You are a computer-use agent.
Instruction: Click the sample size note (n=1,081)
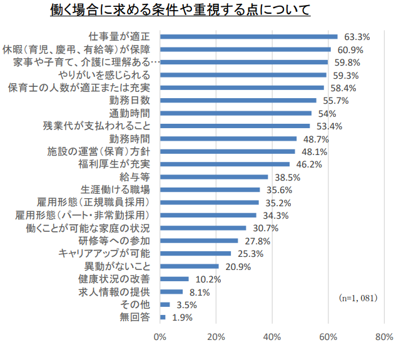point(358,297)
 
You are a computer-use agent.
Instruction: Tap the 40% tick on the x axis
point(272,337)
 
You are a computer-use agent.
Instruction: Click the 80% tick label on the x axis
point(384,337)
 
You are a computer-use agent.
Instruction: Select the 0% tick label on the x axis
point(160,337)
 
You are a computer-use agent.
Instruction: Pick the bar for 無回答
point(163,317)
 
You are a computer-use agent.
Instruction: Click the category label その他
point(135,304)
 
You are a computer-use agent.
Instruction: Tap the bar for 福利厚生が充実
point(225,164)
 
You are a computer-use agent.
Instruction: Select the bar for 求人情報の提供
point(171,291)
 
